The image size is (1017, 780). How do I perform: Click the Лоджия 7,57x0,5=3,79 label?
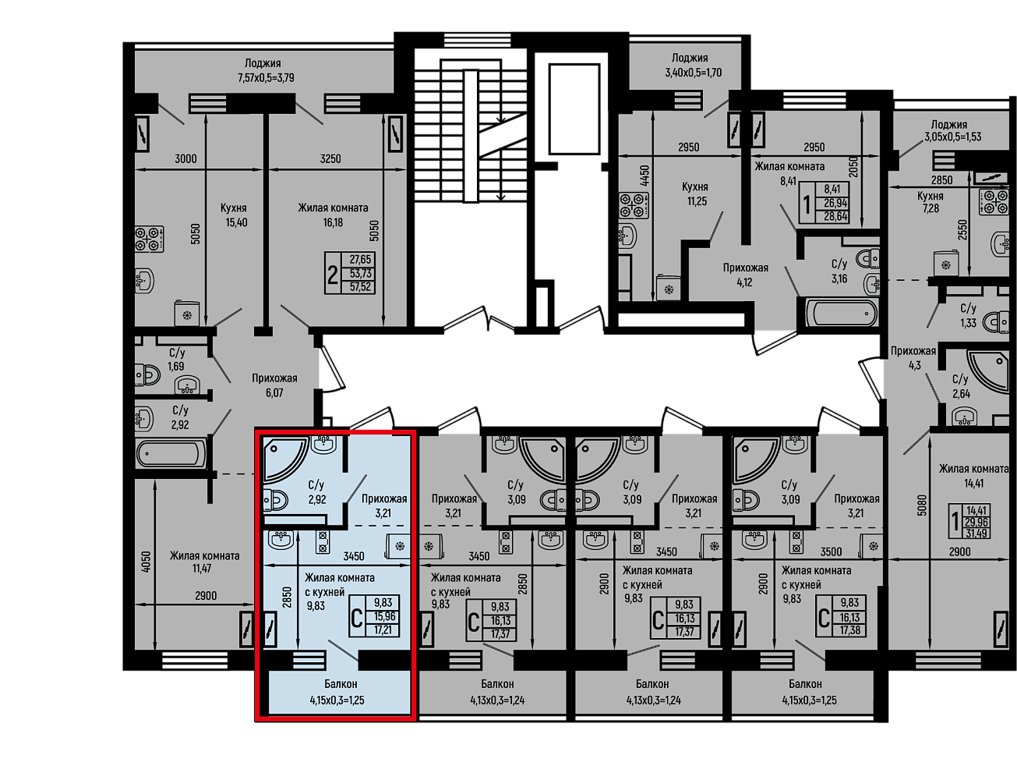(266, 70)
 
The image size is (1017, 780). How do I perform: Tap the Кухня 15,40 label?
(236, 215)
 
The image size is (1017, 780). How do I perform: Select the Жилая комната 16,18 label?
(333, 215)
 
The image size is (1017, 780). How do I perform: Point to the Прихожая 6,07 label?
(274, 385)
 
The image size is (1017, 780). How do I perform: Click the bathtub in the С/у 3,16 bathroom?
(840, 313)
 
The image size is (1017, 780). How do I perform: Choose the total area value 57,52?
(360, 286)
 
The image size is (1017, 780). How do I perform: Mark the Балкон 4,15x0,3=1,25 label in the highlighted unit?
(337, 692)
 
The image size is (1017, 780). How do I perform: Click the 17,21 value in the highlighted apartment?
(383, 629)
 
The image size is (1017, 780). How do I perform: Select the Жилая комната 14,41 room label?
(973, 476)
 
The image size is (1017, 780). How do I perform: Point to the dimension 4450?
(645, 176)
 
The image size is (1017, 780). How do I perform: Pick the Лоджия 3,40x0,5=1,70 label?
(693, 65)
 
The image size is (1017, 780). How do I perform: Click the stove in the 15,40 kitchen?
(150, 239)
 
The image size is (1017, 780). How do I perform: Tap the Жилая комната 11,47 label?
(204, 562)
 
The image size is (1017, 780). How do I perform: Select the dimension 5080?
(921, 505)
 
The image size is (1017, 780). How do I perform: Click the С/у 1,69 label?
(177, 359)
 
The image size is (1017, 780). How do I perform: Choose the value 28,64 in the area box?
(835, 217)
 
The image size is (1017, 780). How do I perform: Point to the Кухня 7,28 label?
(930, 202)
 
